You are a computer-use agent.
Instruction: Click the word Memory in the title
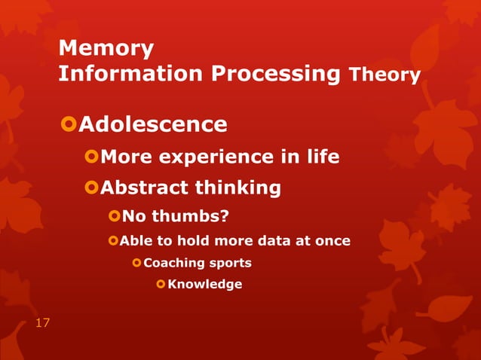point(106,49)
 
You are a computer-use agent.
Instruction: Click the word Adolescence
point(153,124)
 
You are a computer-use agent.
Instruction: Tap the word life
point(324,157)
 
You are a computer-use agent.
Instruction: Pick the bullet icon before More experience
point(91,157)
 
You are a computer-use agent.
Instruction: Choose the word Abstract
point(143,187)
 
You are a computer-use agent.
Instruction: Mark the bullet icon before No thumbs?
point(114,218)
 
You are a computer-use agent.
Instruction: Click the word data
point(278,241)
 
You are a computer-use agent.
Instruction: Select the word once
point(332,241)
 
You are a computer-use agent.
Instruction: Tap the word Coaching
point(173,263)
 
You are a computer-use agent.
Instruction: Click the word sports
point(228,263)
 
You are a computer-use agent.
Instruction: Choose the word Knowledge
point(205,284)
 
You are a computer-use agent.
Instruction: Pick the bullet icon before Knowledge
point(161,284)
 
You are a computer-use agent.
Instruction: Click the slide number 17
point(42,323)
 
